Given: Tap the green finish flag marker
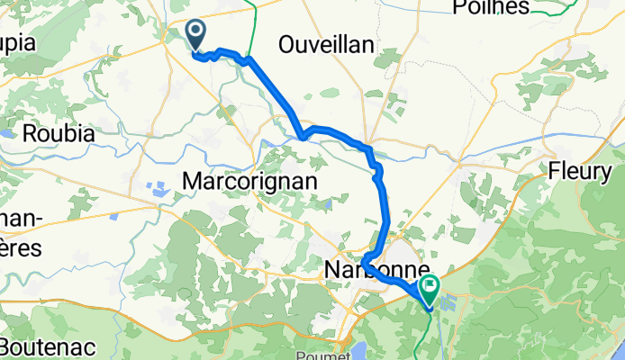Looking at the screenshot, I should tap(429, 287).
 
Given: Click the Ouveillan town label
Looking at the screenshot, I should tap(326, 45).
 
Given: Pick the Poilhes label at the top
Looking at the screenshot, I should tap(491, 8).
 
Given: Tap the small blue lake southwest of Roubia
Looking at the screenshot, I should tap(8, 132).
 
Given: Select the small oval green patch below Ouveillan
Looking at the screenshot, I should tap(330, 93).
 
